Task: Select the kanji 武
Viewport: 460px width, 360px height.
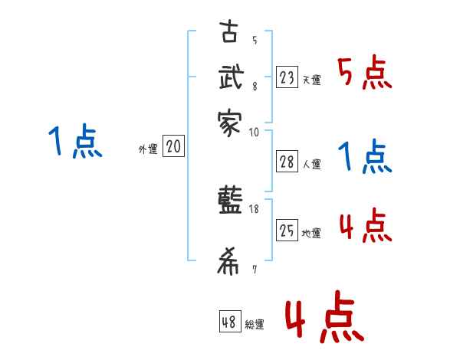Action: tap(228, 80)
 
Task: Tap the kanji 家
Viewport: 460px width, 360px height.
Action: tap(228, 122)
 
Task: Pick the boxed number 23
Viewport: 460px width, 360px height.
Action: tap(287, 77)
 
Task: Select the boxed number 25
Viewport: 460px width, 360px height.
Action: tap(287, 229)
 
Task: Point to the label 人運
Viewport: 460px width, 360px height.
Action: tap(311, 163)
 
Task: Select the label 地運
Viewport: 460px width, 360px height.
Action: tap(311, 233)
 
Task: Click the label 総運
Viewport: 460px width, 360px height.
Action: tap(255, 325)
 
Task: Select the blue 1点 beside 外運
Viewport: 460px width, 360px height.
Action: tap(74, 142)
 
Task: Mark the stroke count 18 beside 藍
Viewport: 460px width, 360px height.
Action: tap(255, 208)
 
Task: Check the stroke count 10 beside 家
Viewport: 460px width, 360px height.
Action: tap(255, 132)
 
